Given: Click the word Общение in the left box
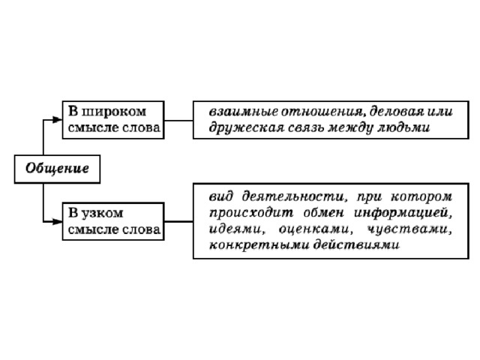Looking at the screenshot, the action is [x=57, y=168].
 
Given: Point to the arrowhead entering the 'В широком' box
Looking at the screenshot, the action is [x=57, y=120].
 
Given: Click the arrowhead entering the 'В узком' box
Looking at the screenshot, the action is [x=57, y=221].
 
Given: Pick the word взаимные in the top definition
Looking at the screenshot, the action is [x=243, y=112].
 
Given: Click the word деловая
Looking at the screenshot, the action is [x=396, y=112].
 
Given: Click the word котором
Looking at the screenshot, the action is [x=421, y=196].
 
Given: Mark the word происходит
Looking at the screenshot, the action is [x=251, y=213].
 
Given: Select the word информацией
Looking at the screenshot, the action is [x=403, y=213].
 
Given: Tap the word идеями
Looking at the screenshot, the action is [x=235, y=229].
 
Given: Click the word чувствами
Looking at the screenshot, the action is [x=409, y=229].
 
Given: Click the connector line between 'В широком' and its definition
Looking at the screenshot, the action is [x=178, y=120].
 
